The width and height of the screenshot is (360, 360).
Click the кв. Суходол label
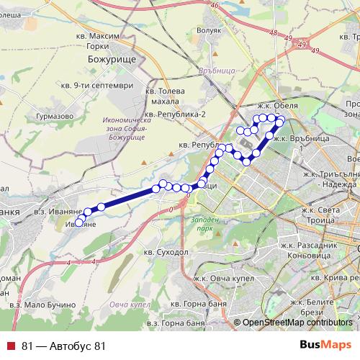pos(166,253)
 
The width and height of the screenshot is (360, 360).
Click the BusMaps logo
pos(325,346)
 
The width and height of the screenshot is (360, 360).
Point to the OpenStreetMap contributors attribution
pos(296,323)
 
